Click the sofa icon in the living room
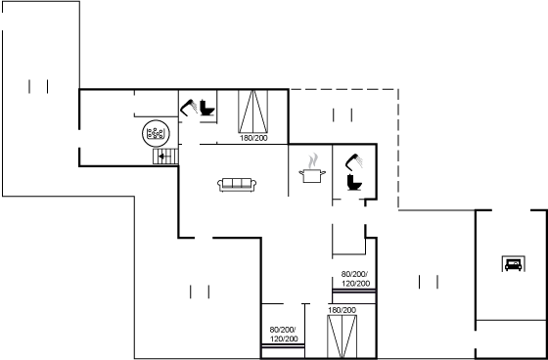point(237,185)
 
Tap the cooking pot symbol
point(312,175)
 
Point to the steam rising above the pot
point(313,160)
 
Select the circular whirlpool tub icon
point(156,133)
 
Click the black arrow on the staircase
point(161,157)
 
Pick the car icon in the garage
point(513,264)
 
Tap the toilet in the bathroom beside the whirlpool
point(207,108)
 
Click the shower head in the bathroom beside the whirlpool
point(189,108)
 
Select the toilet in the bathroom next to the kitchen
point(354,183)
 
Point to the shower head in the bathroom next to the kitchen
point(354,161)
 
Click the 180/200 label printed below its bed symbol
point(253,138)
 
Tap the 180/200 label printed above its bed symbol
point(342,310)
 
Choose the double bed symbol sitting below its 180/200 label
point(342,337)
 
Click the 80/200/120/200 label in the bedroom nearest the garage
point(354,279)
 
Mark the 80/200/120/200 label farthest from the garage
point(284,335)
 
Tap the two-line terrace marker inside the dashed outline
point(342,115)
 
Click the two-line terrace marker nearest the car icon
point(429,282)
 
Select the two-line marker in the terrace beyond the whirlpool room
point(38,87)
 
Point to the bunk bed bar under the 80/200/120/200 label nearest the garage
point(354,291)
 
